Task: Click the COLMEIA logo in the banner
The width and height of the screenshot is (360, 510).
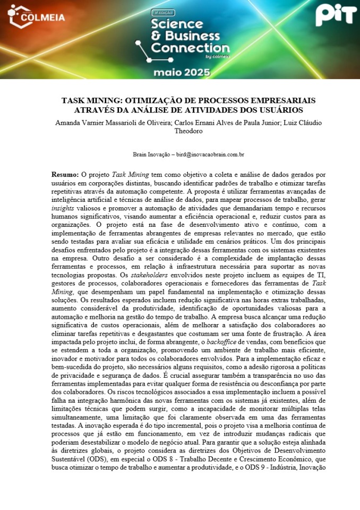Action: pyautogui.click(x=37, y=16)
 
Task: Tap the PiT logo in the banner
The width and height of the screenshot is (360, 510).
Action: pyautogui.click(x=336, y=15)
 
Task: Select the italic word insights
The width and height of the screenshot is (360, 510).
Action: pyautogui.click(x=64, y=210)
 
